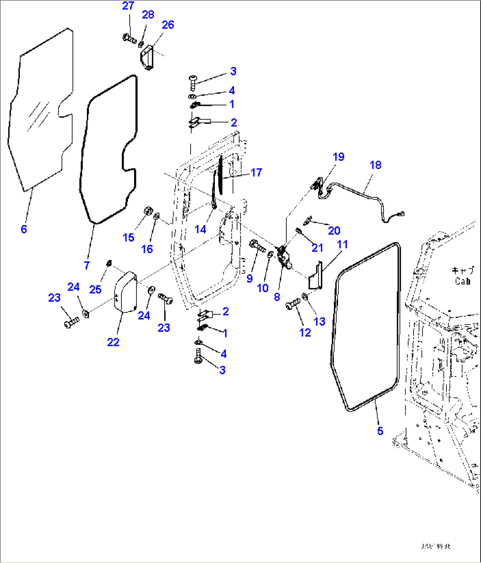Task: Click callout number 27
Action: click(x=128, y=6)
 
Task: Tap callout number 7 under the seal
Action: click(x=86, y=265)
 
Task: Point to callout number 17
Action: click(x=256, y=173)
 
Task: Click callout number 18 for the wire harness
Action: click(x=375, y=165)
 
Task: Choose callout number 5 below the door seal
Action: click(x=380, y=431)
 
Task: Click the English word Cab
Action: click(x=462, y=281)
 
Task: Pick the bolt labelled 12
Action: click(x=293, y=304)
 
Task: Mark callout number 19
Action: click(x=338, y=157)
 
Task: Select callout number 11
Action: click(x=342, y=244)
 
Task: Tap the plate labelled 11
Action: click(x=315, y=276)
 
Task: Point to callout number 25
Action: click(x=95, y=289)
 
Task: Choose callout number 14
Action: click(x=200, y=229)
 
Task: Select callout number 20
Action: click(x=334, y=230)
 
